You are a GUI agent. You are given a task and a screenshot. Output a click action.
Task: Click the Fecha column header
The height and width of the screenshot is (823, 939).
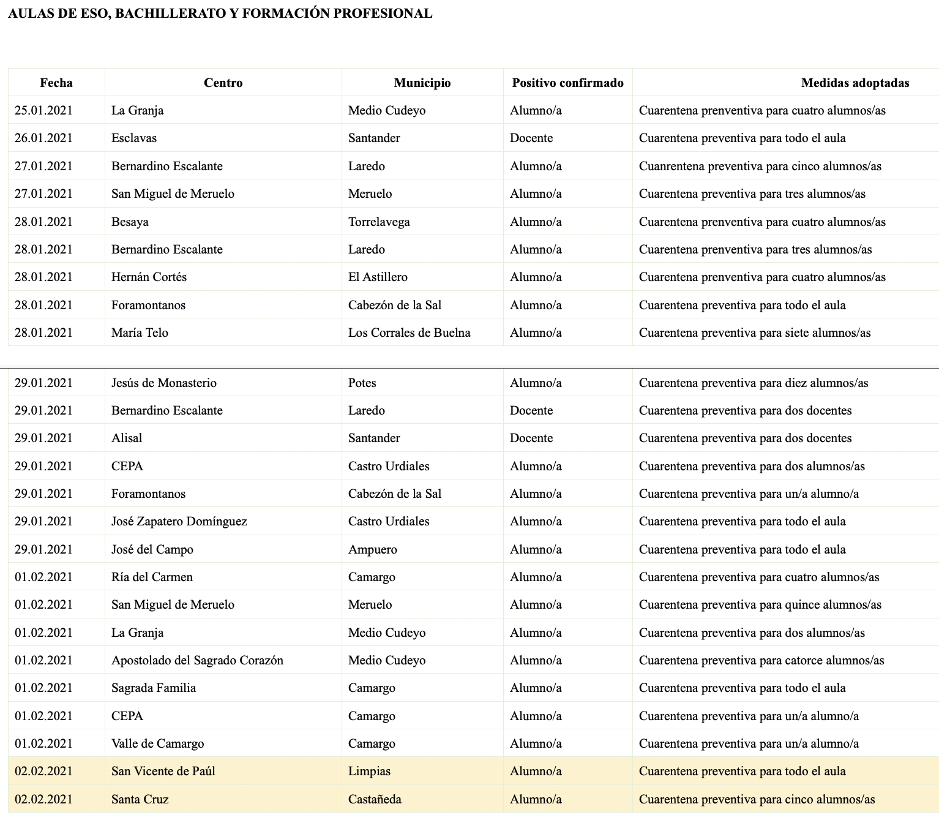point(56,83)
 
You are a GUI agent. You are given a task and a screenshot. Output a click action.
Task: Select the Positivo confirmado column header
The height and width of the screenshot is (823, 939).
point(567,83)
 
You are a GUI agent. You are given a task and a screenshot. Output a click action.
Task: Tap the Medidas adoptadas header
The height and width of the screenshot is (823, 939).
point(855,83)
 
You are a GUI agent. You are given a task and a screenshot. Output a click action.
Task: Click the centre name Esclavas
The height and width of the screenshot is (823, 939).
point(134,138)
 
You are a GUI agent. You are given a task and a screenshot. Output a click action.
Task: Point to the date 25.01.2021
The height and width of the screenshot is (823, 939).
point(43,110)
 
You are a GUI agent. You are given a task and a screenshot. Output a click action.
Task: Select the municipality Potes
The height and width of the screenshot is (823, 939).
point(362,383)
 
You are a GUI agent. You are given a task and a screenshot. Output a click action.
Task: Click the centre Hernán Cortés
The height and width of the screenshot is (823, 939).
point(149,277)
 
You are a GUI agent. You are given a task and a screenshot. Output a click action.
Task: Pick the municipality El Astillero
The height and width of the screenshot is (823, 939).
point(378,277)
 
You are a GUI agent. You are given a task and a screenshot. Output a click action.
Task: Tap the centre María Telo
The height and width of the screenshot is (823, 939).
point(140,333)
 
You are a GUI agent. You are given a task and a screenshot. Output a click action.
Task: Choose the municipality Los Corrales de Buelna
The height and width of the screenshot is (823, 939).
point(410,333)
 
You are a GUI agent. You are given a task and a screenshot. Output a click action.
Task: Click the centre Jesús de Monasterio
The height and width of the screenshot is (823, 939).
point(164,383)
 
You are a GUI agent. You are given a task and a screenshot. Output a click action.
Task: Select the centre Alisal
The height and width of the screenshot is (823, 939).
point(127,438)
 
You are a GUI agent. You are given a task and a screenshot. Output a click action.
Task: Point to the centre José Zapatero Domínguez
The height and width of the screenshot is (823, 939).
point(179,521)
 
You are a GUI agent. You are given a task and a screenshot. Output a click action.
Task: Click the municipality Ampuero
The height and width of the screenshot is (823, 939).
point(373,549)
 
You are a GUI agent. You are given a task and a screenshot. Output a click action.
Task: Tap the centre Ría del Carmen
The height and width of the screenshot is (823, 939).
point(152,577)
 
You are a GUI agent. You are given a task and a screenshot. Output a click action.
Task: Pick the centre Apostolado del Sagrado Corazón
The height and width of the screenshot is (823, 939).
point(197,660)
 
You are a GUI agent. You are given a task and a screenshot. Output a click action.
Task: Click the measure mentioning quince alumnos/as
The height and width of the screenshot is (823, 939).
point(760,604)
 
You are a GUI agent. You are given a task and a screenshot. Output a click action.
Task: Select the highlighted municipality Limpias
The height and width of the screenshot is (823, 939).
point(369,771)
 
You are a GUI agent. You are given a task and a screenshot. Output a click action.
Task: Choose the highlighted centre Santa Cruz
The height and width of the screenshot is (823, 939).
point(140,799)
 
